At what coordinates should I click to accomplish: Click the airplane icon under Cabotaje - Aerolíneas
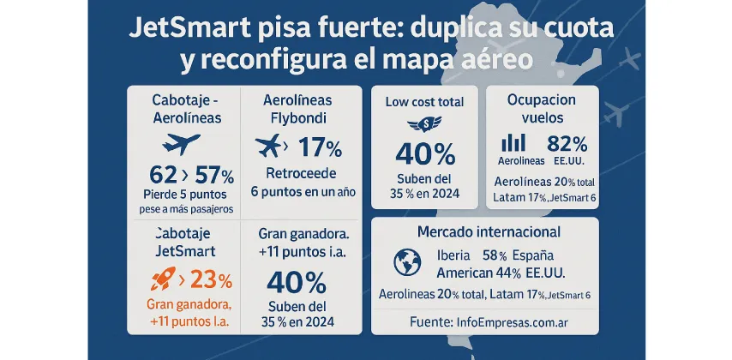coord(182,142)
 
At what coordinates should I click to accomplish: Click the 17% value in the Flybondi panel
coord(319,147)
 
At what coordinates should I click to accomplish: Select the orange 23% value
coord(211,279)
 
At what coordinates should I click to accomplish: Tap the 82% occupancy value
coord(567,143)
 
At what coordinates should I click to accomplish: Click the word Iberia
coord(454,255)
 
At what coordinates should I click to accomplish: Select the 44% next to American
coord(508,273)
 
